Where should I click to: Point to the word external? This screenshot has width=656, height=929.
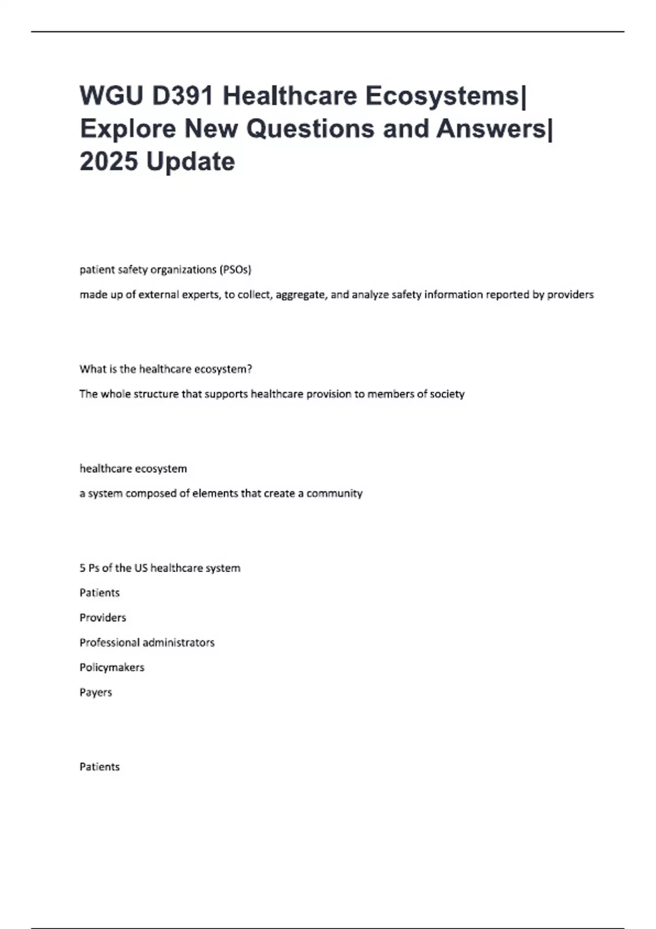pos(158,295)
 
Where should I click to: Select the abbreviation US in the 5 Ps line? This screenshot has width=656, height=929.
pos(141,568)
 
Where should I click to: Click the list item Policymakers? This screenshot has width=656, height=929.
pos(112,667)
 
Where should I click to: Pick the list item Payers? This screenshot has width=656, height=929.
pos(96,692)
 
